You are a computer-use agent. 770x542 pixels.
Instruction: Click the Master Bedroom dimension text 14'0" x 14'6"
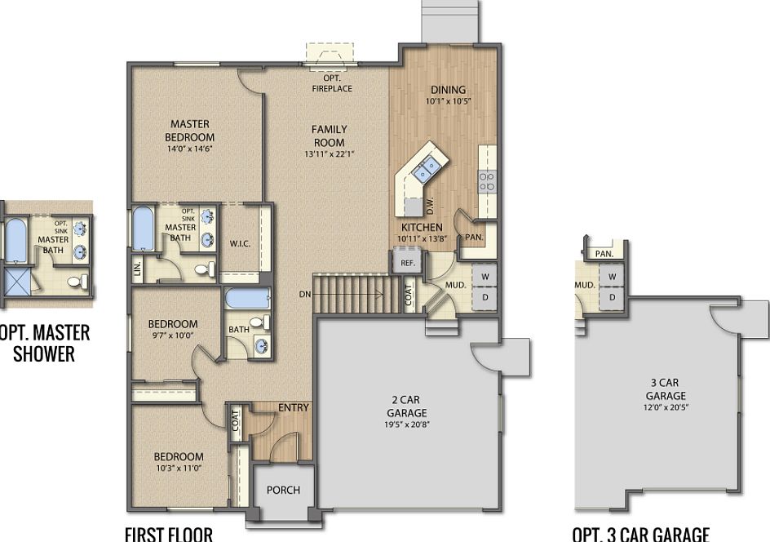coord(189,149)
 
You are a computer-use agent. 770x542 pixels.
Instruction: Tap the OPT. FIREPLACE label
coord(332,83)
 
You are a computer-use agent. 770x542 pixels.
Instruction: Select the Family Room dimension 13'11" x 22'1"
coord(329,154)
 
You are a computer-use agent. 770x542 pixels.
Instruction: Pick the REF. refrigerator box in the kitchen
coord(408,263)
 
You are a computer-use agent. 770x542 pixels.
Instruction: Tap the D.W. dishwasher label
coord(429,207)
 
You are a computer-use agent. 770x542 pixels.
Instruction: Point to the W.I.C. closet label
coord(241,242)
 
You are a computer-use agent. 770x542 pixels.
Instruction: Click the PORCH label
coord(283,490)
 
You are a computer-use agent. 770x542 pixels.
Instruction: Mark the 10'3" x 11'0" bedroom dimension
coord(179,469)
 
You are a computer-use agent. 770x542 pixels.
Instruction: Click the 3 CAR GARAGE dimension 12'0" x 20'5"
coord(665,406)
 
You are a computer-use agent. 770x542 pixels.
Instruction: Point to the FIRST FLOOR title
coord(169,535)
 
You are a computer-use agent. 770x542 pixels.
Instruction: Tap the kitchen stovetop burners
coord(487,181)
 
